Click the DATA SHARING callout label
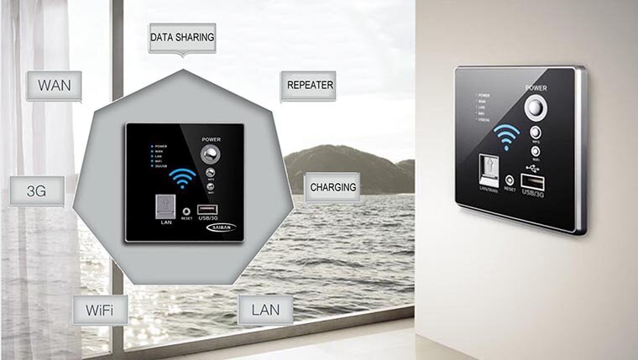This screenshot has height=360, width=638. pos(182,38)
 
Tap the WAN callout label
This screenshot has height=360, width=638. pos(54,86)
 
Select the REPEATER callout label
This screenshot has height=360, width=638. pos(311,86)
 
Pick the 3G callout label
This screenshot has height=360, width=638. pos(37,190)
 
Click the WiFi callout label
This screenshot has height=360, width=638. pos(100,310)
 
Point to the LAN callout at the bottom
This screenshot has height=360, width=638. pos(265,310)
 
